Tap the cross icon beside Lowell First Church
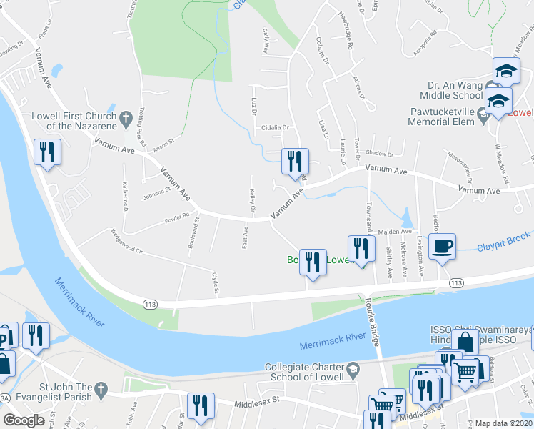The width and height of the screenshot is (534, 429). (x=126, y=117)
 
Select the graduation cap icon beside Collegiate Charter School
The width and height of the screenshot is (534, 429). (x=351, y=372)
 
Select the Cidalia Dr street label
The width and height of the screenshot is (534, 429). (x=274, y=128)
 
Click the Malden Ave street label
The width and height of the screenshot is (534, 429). (x=396, y=232)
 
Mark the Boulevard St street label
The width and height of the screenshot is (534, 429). (x=193, y=236)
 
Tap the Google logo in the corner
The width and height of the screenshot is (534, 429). (x=24, y=420)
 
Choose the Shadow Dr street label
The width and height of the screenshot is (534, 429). (x=379, y=154)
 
